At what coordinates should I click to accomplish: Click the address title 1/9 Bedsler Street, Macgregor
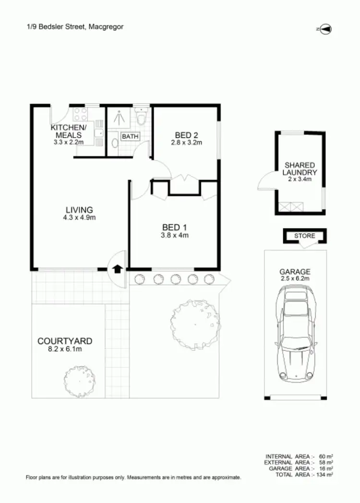(75, 27)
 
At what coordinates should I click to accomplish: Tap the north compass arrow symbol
(325, 29)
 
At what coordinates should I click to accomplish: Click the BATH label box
(130, 137)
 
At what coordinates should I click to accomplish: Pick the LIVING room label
(79, 210)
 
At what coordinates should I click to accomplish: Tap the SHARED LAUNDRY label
(300, 169)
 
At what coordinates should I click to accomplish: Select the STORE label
(305, 236)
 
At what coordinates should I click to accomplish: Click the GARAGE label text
(296, 271)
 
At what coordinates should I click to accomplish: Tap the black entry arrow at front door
(117, 269)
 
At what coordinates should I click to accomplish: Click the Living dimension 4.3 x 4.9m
(79, 217)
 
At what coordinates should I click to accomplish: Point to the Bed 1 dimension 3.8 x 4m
(174, 235)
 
